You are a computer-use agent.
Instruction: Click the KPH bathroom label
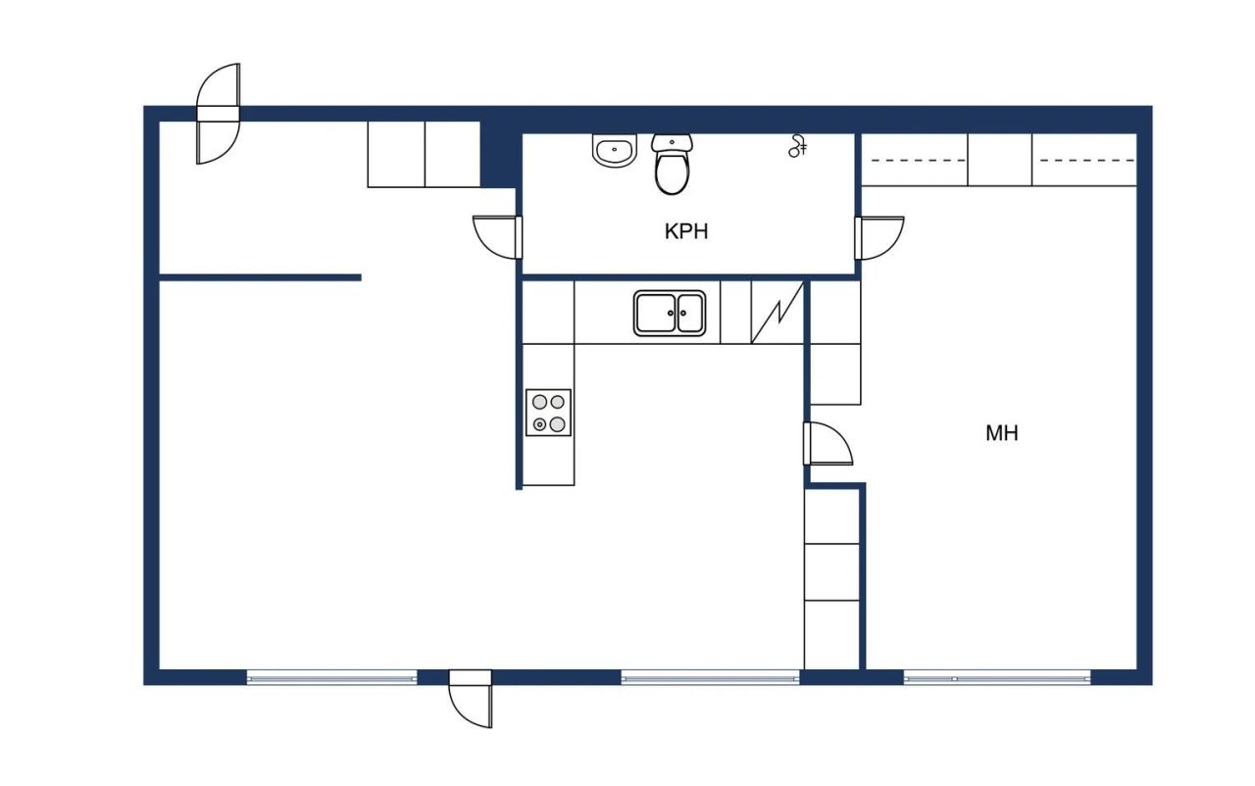click(x=685, y=232)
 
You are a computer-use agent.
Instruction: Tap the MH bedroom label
click(x=1001, y=432)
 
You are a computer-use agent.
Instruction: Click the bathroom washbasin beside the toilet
click(x=615, y=152)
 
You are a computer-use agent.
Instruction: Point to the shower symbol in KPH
click(x=798, y=146)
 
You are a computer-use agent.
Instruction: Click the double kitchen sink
click(x=670, y=314)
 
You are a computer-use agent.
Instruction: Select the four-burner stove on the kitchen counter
click(x=548, y=413)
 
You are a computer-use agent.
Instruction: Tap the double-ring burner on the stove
click(x=538, y=424)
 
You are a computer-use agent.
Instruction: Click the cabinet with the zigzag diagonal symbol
click(x=777, y=313)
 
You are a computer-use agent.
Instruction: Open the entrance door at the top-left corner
click(x=218, y=115)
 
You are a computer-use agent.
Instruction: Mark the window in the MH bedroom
click(x=996, y=676)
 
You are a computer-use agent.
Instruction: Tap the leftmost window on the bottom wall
click(x=331, y=676)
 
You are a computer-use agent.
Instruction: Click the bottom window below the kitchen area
click(x=710, y=676)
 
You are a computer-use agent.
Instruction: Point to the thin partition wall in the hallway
click(x=260, y=277)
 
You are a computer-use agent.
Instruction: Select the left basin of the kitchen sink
click(x=653, y=314)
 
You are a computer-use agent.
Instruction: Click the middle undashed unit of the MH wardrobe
click(x=999, y=159)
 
